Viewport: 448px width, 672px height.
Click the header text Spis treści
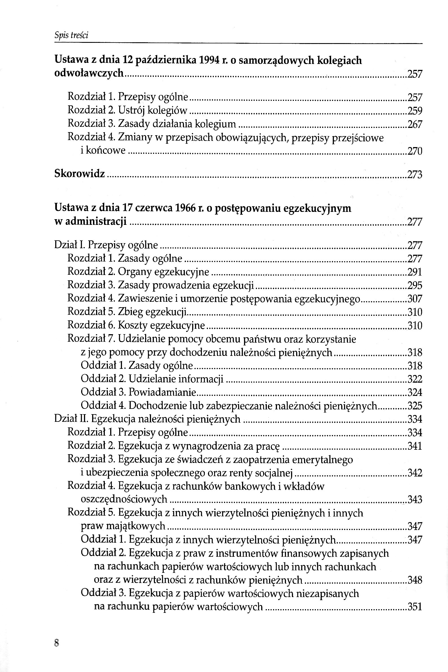71,35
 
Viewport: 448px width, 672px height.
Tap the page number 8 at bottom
56,643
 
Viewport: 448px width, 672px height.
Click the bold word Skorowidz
79,174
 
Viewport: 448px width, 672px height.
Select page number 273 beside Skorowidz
414,174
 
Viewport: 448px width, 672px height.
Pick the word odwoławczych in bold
89,74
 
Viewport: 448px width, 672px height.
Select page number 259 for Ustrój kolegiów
414,111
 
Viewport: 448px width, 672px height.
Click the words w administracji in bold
90,222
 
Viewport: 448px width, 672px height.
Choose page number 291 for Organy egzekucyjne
414,272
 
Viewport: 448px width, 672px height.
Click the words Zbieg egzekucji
152,312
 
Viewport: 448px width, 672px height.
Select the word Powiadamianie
162,392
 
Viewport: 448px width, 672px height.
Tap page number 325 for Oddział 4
414,406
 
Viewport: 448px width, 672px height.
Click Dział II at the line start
72,419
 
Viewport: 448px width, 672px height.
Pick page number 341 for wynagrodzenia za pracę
414,446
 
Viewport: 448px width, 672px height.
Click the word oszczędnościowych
124,499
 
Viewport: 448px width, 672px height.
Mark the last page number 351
414,607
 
